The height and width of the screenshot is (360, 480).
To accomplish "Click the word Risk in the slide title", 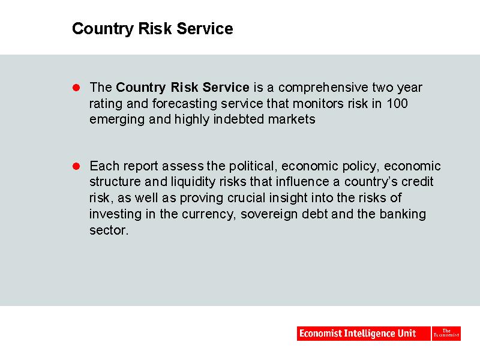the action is [x=155, y=28].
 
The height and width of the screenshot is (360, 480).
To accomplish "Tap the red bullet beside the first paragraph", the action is [x=76, y=88].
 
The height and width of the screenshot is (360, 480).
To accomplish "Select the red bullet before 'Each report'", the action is [x=76, y=166].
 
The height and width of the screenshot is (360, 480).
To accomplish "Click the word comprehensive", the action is [x=323, y=88].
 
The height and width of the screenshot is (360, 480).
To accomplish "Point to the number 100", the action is [x=397, y=103].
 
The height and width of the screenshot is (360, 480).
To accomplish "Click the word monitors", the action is [x=318, y=103].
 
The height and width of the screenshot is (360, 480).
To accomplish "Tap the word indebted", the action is [x=238, y=119].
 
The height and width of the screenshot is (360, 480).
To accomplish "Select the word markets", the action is [x=292, y=119].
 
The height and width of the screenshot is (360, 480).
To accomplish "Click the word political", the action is [x=253, y=167].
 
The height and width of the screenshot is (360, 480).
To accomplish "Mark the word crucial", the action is [x=247, y=198].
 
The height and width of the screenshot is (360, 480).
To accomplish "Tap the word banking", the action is [x=403, y=215].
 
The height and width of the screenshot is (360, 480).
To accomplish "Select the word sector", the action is [x=109, y=230].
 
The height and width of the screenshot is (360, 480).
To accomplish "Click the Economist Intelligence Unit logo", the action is [x=364, y=334].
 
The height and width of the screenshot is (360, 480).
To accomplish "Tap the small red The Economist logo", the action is [x=446, y=334].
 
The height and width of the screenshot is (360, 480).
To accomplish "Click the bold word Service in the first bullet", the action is [x=226, y=88].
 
